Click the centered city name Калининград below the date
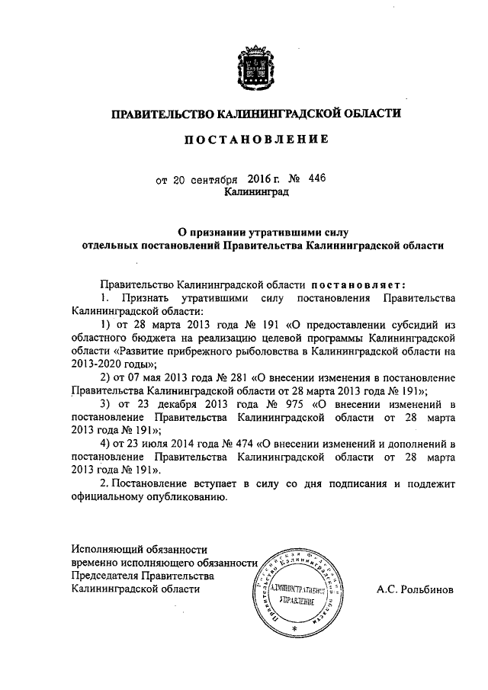(x=256, y=194)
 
